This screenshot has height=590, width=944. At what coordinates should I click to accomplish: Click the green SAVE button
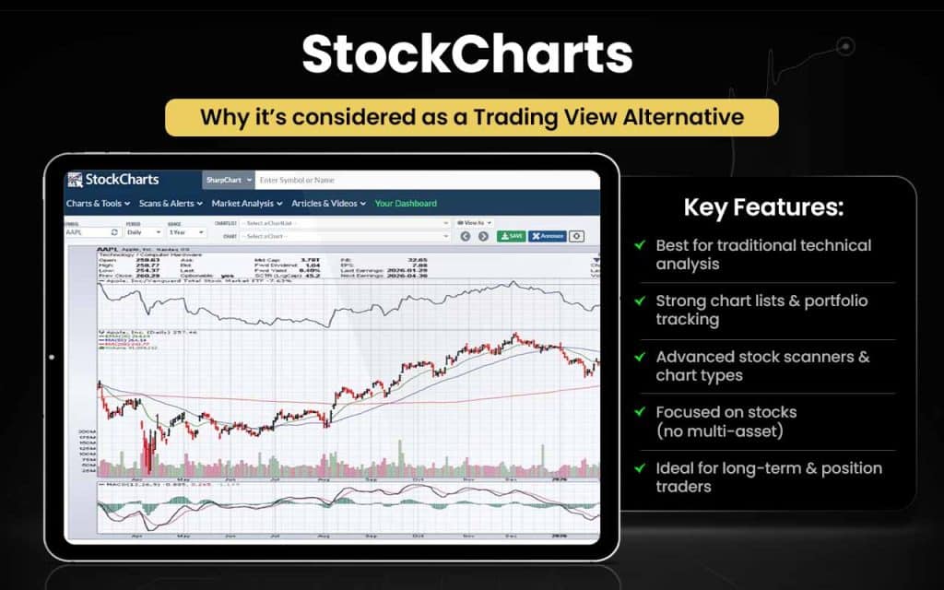click(x=512, y=236)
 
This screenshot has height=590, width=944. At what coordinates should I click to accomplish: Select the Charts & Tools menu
click(x=99, y=203)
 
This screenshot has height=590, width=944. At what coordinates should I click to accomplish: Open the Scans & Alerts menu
click(x=171, y=203)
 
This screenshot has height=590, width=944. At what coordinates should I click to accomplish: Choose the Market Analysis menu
click(x=247, y=203)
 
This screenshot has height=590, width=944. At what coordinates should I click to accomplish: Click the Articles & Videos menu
click(x=328, y=203)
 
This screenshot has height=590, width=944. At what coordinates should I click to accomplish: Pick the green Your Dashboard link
click(x=406, y=203)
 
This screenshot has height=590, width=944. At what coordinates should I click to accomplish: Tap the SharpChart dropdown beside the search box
click(x=228, y=180)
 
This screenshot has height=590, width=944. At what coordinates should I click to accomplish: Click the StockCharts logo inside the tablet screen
click(x=113, y=180)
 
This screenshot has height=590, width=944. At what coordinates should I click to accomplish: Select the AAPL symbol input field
click(x=88, y=233)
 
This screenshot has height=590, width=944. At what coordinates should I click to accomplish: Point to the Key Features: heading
click(x=763, y=206)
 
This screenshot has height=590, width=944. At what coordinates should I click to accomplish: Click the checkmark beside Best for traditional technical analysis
click(x=639, y=245)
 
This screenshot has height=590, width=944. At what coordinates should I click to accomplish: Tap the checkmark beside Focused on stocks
click(x=639, y=412)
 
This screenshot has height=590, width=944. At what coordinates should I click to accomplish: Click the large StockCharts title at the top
click(x=467, y=55)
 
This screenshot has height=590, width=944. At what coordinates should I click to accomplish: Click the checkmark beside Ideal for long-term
click(x=639, y=468)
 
